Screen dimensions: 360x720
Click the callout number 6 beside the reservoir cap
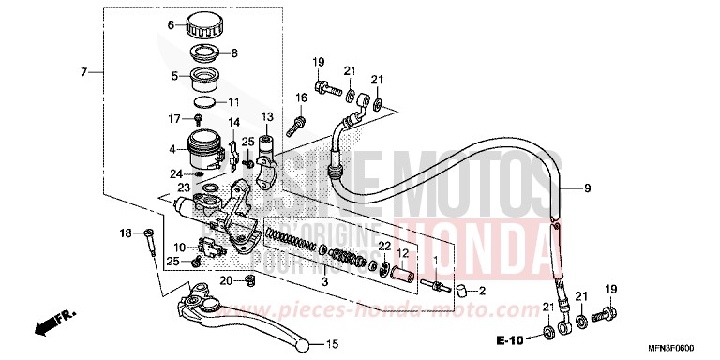(171, 25)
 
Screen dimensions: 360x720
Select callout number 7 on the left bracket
(84, 72)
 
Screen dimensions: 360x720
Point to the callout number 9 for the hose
(588, 188)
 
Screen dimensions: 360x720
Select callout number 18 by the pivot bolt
(125, 232)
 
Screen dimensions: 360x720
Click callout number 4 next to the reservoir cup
(171, 149)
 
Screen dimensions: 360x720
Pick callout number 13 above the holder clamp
(266, 116)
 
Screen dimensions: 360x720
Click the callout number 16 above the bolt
(302, 97)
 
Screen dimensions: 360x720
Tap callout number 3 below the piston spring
(325, 280)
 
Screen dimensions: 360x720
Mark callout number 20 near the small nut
(225, 280)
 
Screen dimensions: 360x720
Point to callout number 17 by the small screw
(172, 118)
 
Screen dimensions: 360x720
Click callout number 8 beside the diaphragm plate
(234, 53)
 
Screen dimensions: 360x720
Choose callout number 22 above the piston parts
(384, 246)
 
